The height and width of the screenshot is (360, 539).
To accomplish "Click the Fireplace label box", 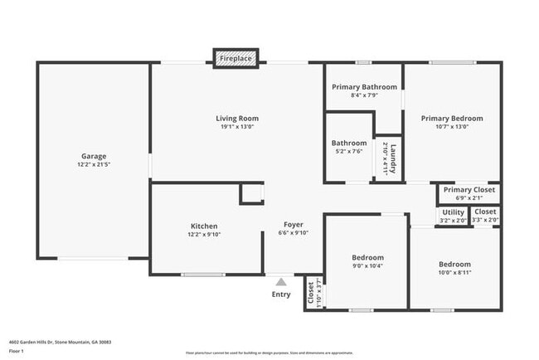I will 236,60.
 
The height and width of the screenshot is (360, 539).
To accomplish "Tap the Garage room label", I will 93,156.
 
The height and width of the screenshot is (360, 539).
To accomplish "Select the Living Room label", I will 238,119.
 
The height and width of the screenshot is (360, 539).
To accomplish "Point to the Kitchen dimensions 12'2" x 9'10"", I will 204,235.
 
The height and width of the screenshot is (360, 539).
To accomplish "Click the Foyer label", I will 294,225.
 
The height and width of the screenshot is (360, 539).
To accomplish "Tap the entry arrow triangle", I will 281,282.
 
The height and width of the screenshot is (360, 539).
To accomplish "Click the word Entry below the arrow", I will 281,294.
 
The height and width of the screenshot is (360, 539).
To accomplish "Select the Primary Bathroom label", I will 364,87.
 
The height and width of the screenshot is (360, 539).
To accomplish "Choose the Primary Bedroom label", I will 451,119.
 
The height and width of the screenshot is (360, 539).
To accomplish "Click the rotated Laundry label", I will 394,158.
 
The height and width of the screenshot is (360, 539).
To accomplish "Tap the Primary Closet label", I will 469,190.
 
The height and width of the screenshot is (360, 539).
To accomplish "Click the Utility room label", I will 453,212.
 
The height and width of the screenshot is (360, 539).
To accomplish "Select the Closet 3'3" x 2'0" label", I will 485,212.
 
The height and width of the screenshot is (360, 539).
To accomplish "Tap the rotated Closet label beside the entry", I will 311,293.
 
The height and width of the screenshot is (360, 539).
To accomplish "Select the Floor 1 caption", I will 17,352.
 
